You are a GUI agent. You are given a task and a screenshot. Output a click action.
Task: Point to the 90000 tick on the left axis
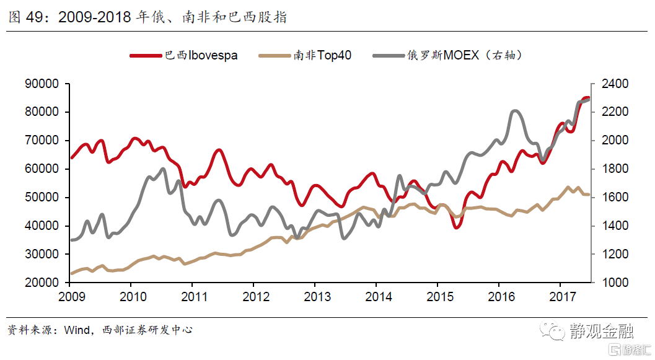[42, 84]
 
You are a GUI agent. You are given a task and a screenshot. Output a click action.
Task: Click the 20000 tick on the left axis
[42, 283]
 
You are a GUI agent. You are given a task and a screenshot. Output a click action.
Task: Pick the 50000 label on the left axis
[42, 197]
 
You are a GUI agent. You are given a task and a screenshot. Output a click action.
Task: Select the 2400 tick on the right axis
[610, 84]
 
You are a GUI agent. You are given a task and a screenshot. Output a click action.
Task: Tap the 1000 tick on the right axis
[610, 283]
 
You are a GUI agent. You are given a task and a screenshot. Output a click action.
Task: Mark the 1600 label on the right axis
[610, 197]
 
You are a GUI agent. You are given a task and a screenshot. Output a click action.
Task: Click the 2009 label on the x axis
[69, 296]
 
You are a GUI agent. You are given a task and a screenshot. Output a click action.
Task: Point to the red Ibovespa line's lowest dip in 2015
[457, 227]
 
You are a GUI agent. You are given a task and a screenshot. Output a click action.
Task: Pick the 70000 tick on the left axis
[42, 141]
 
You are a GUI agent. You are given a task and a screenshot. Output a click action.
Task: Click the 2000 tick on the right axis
[610, 141]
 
